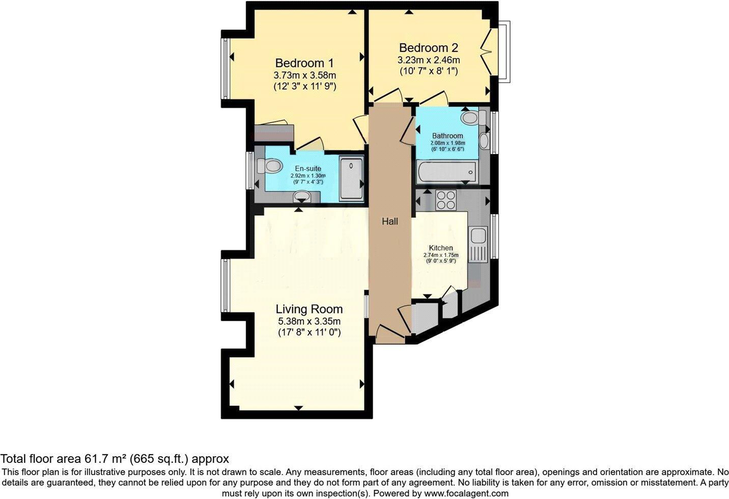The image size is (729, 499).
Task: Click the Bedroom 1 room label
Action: click(x=304, y=63)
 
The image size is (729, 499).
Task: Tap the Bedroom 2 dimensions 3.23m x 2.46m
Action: click(x=428, y=60)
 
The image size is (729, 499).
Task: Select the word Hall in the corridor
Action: click(x=390, y=221)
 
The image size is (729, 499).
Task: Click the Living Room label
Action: click(x=309, y=309)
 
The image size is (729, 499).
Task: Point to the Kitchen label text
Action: click(x=440, y=248)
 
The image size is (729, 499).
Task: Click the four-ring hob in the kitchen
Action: click(x=446, y=199)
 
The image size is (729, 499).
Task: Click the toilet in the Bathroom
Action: click(x=471, y=118)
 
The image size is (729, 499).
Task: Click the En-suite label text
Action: click(x=308, y=169)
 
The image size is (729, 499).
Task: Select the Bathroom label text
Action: click(x=447, y=136)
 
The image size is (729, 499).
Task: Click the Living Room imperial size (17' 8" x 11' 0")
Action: click(x=309, y=332)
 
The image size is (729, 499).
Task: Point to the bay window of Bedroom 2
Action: click(x=504, y=51)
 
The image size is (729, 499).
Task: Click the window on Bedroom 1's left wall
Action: click(x=225, y=69)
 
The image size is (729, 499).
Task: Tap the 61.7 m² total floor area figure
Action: click(x=99, y=459)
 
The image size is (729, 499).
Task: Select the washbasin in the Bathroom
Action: click(x=484, y=140)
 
